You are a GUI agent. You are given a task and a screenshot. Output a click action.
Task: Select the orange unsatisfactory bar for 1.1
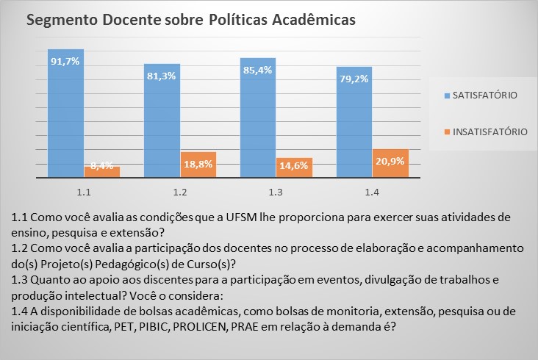coord(102,172)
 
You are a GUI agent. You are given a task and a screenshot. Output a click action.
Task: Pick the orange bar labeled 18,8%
coord(198,165)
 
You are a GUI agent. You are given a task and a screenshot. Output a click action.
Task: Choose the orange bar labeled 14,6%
coord(294,168)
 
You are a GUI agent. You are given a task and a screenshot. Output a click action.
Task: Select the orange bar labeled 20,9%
coord(390,163)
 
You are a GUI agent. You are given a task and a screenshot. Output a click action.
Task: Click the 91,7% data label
coord(65,60)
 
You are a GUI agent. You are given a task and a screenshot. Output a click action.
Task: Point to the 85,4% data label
coord(258,71)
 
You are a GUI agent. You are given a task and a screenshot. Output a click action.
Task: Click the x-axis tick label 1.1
coord(84,192)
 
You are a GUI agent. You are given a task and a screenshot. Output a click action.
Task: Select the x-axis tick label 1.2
coord(180,192)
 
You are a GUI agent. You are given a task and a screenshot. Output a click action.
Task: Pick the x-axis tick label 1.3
coord(276,192)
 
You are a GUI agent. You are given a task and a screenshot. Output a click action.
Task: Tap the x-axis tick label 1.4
coord(372,192)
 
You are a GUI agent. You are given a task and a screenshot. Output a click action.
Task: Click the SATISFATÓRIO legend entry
coord(484,96)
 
